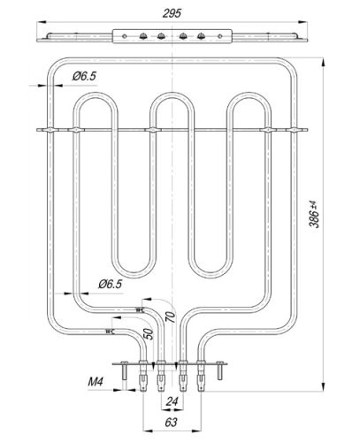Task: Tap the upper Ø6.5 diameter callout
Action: (83, 77)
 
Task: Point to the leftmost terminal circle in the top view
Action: (142, 36)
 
